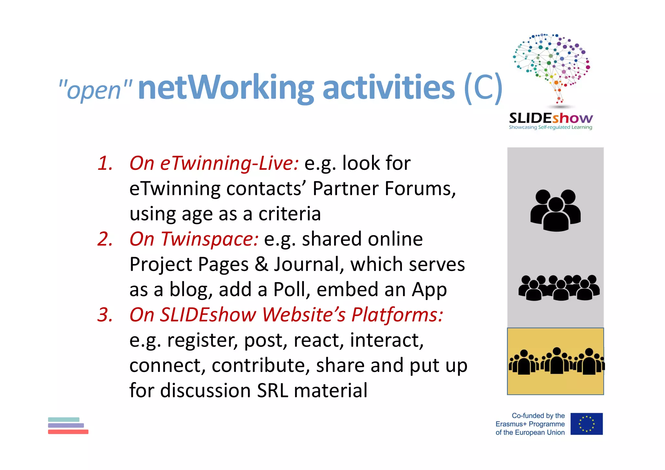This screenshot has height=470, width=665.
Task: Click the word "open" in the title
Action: pyautogui.click(x=94, y=90)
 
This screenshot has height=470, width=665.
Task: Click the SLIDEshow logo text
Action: pyautogui.click(x=551, y=118)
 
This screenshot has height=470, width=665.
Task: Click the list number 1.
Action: pyautogui.click(x=105, y=163)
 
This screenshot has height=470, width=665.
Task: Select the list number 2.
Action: pyautogui.click(x=105, y=239)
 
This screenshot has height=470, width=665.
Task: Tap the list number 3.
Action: pyautogui.click(x=105, y=315)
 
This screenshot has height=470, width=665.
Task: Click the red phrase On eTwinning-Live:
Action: pyautogui.click(x=214, y=163)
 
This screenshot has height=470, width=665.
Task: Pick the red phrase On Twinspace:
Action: pyautogui.click(x=194, y=239)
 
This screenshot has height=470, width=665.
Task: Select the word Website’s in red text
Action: pyautogui.click(x=304, y=315)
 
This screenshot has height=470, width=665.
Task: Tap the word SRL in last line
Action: pyautogui.click(x=272, y=390)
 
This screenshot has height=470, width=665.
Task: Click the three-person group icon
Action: pyautogui.click(x=555, y=210)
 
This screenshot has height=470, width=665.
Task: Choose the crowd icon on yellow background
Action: pyautogui.click(x=556, y=361)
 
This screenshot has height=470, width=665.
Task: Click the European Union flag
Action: pyautogui.click(x=586, y=424)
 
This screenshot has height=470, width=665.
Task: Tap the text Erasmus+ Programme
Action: pyautogui.click(x=530, y=424)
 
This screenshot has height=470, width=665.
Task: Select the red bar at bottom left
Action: pyautogui.click(x=68, y=432)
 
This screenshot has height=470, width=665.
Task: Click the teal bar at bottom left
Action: pyautogui.click(x=64, y=419)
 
